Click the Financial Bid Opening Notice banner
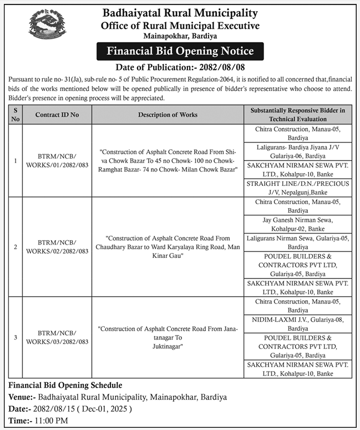coord(180,52)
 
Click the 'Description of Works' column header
coord(168,115)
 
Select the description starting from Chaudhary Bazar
coord(168,246)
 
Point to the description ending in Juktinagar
coord(168,337)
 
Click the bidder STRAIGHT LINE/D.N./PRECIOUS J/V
coord(298,188)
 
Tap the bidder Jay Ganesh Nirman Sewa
coord(298,224)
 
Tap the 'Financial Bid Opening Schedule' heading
coord(65,385)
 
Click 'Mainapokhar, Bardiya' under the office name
coord(180,36)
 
